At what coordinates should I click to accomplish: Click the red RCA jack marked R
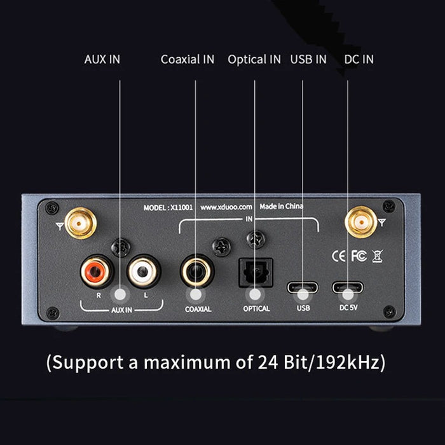pos(97,271)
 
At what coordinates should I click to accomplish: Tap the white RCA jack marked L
pos(144,271)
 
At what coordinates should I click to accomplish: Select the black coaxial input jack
pos(197,271)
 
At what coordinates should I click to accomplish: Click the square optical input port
pos(256,273)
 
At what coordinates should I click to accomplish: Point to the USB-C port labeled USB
pos(303,287)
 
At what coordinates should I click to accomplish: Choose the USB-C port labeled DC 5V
pos(348,287)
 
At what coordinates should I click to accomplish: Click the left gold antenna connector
pos(81,223)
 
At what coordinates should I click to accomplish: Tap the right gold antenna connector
pos(360,222)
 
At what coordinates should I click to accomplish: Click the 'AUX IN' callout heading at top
pos(102,59)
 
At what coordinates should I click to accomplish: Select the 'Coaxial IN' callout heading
pos(188,59)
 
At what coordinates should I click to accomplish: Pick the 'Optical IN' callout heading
pos(254,60)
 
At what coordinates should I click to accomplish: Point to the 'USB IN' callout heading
pos(308,59)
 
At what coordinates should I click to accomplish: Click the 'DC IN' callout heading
pos(359,59)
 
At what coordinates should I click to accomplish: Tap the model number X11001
pos(181,208)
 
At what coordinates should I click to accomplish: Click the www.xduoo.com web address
pos(226,207)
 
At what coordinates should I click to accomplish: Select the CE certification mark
pos(339,256)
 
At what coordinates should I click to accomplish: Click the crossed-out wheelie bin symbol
pos(378,256)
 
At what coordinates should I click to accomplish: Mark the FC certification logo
pos(359,256)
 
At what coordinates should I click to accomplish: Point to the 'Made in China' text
pos(281,207)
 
